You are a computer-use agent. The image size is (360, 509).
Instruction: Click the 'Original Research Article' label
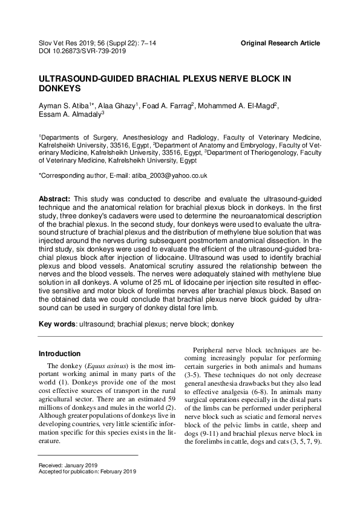pyautogui.click(x=280, y=44)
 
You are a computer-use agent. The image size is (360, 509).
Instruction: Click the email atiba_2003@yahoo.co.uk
pyautogui.click(x=172, y=175)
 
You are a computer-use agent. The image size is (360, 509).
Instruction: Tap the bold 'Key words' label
pyautogui.click(x=57, y=325)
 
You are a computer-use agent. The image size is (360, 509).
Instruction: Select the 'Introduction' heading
pyautogui.click(x=59, y=354)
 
